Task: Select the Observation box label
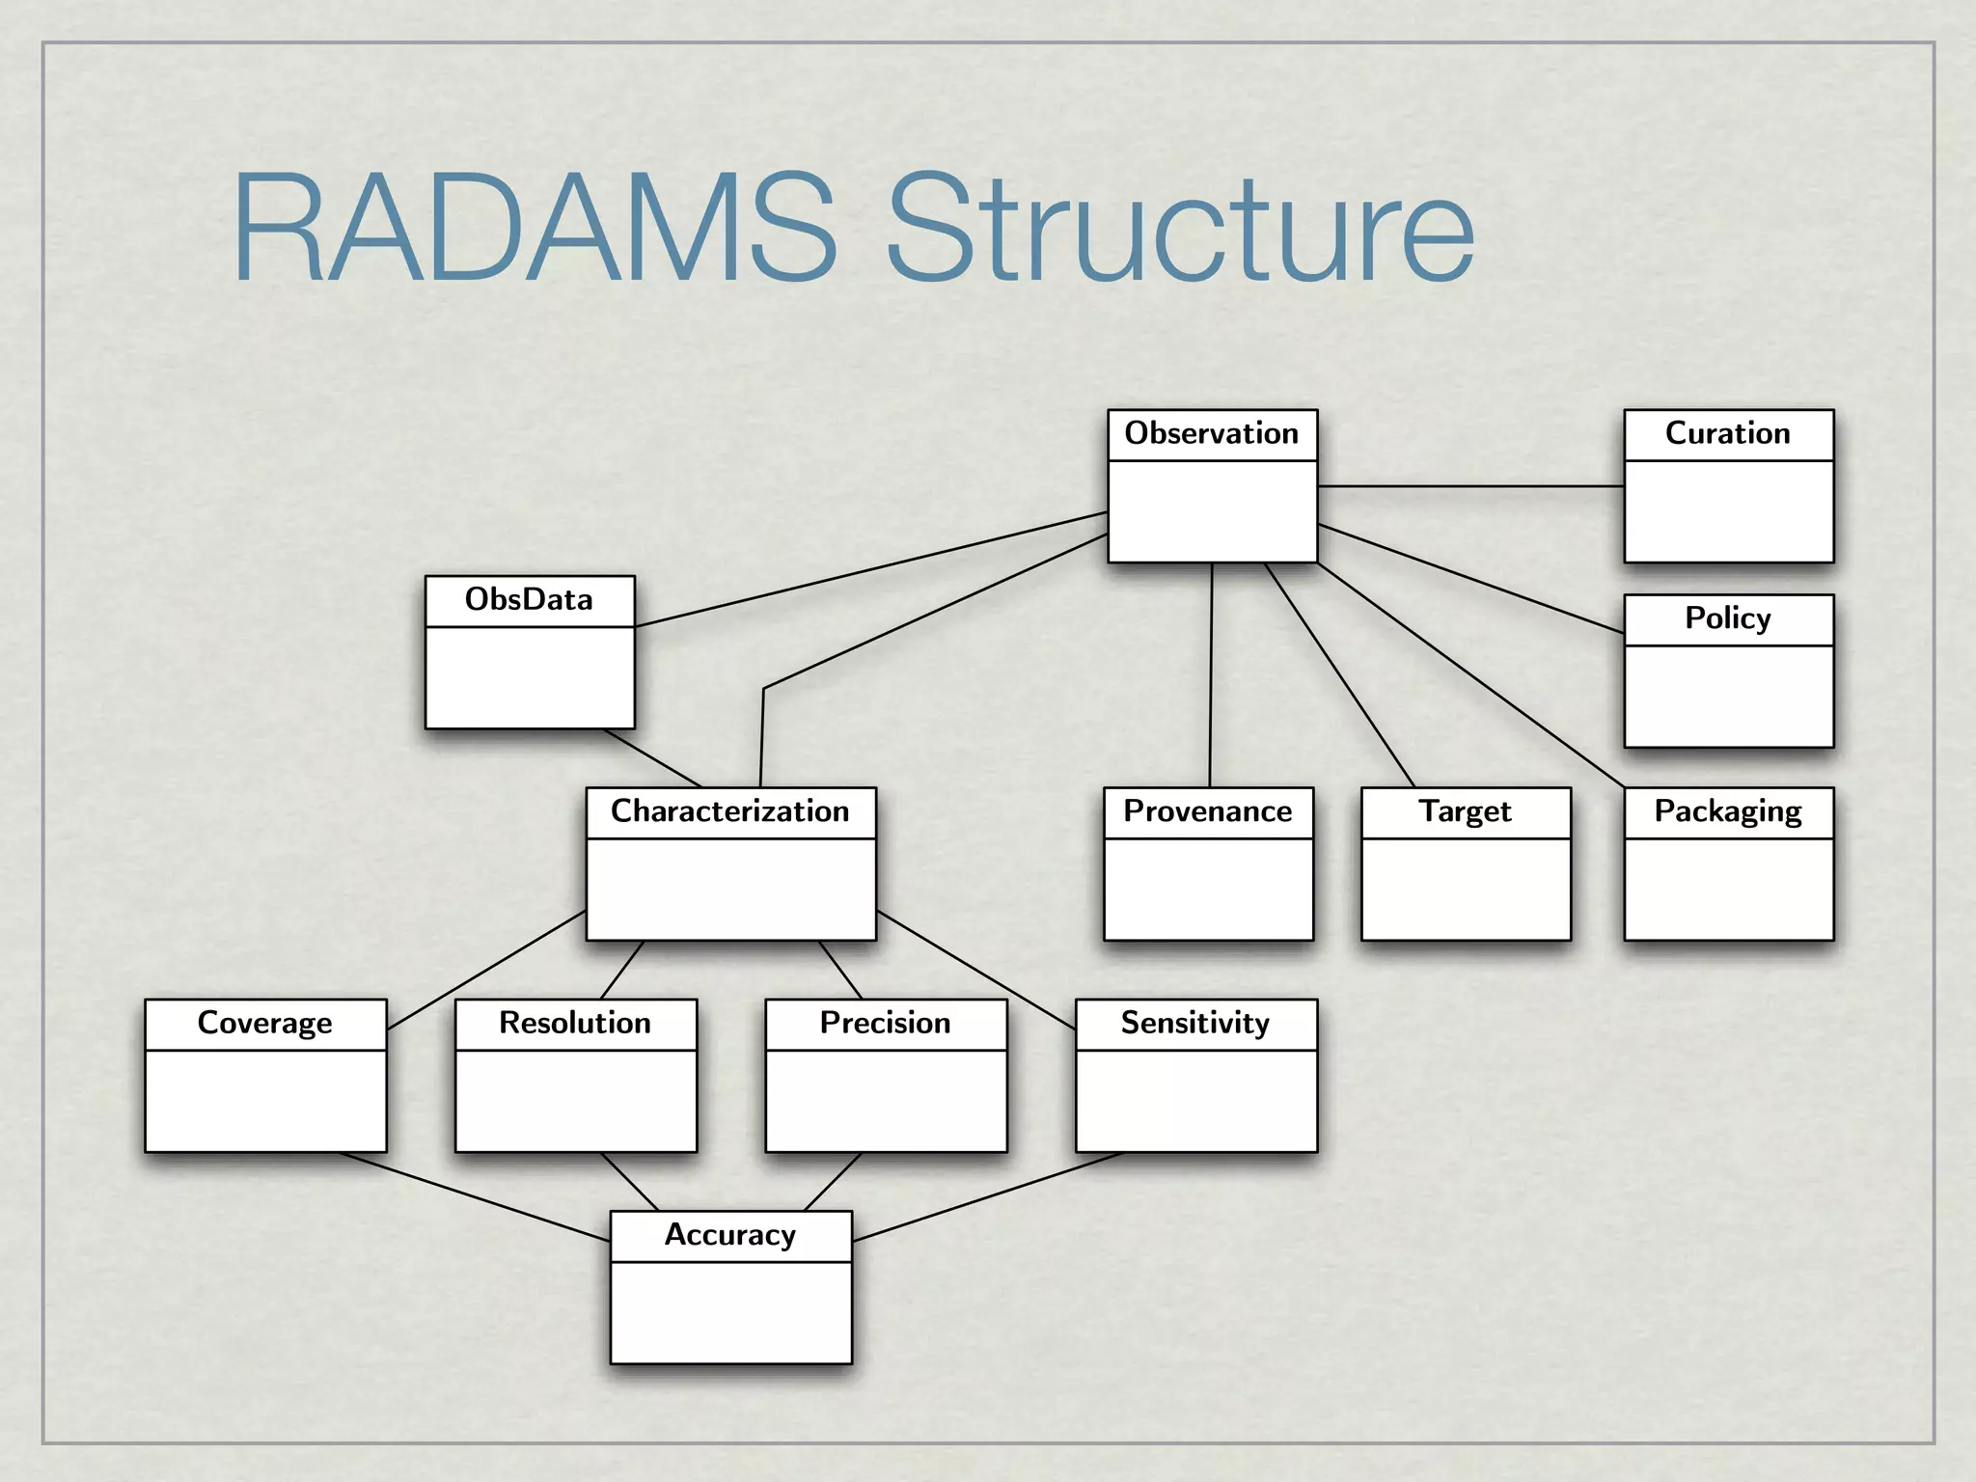point(1211,434)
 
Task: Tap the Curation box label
point(1727,434)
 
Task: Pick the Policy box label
point(1727,618)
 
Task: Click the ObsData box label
point(529,600)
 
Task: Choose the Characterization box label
point(729,811)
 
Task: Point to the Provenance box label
point(1207,811)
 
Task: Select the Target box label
point(1465,811)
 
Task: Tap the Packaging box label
point(1727,811)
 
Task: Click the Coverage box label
point(264,1023)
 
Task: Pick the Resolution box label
point(574,1023)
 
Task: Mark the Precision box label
point(885,1023)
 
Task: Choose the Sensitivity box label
point(1194,1023)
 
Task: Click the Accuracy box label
point(729,1235)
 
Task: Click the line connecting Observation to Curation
point(1470,486)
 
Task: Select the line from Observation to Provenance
point(1211,675)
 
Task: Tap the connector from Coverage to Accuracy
point(473,1196)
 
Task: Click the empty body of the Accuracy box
point(730,1312)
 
